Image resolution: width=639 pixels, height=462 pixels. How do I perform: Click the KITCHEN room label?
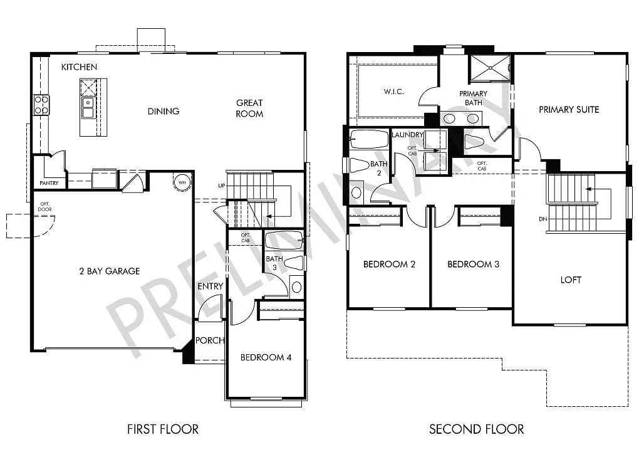pyautogui.click(x=79, y=66)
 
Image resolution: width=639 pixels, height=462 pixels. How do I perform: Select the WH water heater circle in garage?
pyautogui.click(x=182, y=182)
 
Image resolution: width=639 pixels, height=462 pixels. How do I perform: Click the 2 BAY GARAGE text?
pyautogui.click(x=109, y=271)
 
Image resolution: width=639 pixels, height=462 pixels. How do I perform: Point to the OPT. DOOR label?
pyautogui.click(x=44, y=206)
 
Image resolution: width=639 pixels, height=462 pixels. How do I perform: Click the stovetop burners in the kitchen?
pyautogui.click(x=41, y=105)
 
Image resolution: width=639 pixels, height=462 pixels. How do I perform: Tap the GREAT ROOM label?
pyautogui.click(x=249, y=108)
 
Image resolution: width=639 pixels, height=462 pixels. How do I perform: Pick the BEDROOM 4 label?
pyautogui.click(x=266, y=357)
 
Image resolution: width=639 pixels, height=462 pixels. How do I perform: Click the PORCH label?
pyautogui.click(x=210, y=340)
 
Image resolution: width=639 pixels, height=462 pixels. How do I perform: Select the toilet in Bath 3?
pyautogui.click(x=293, y=263)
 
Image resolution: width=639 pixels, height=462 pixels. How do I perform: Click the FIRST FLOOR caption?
pyautogui.click(x=163, y=429)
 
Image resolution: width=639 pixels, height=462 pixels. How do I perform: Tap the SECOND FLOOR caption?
pyautogui.click(x=476, y=429)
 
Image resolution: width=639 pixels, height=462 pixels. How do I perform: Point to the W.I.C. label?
pyautogui.click(x=393, y=92)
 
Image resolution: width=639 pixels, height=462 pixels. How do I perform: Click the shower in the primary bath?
pyautogui.click(x=490, y=68)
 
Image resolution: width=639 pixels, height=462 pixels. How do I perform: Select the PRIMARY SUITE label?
pyautogui.click(x=569, y=109)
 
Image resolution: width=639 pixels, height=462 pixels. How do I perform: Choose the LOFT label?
pyautogui.click(x=571, y=280)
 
